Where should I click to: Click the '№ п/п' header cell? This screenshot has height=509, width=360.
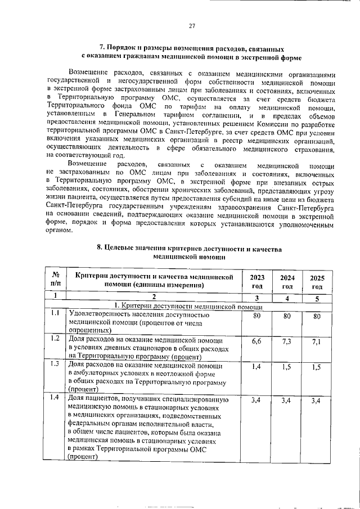tap(55, 281)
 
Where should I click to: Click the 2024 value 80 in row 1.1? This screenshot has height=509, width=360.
tap(287, 316)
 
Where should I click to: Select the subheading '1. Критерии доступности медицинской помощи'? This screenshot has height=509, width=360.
tap(191, 307)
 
